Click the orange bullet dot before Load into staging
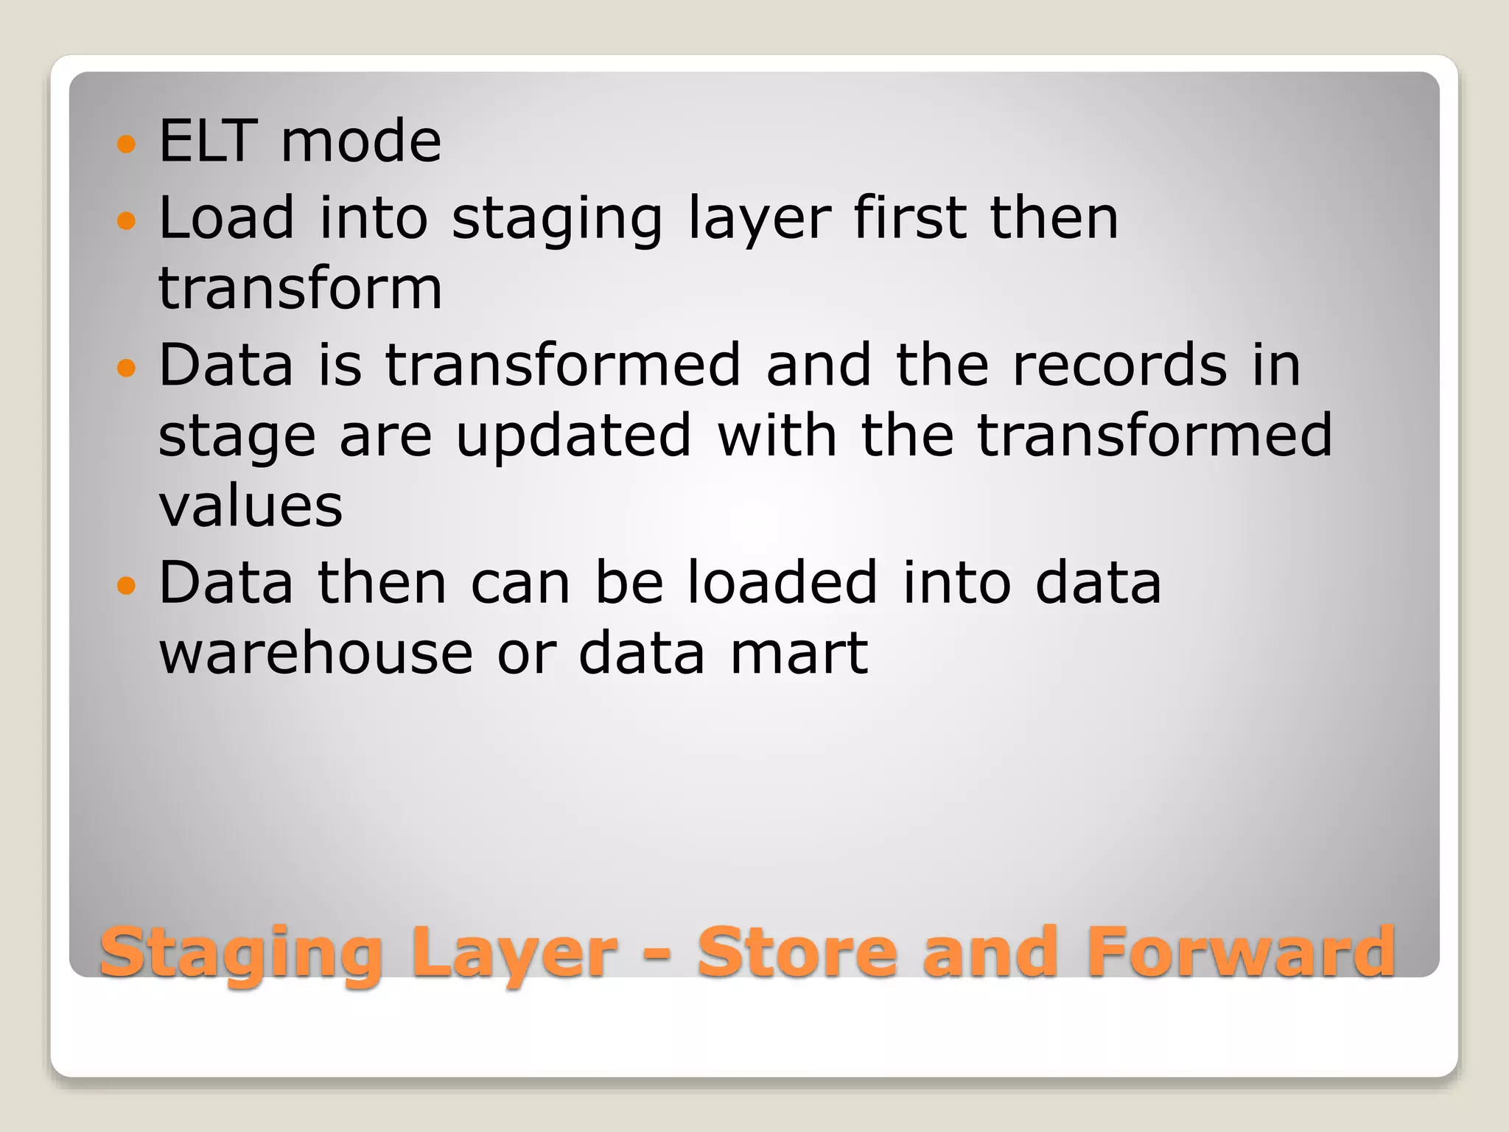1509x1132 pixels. click(x=127, y=220)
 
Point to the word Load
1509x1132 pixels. click(x=226, y=217)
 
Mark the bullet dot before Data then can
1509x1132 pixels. click(x=127, y=585)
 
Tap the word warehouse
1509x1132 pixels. click(x=316, y=654)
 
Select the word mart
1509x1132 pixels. click(x=799, y=654)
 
